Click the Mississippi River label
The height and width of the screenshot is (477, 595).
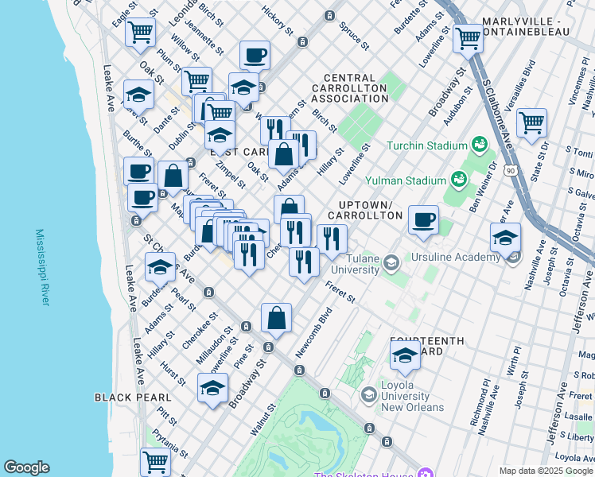click(x=43, y=268)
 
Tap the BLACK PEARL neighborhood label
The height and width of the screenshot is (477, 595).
click(x=132, y=397)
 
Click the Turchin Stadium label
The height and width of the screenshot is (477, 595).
click(x=426, y=145)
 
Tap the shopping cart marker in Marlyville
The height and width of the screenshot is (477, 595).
click(x=468, y=37)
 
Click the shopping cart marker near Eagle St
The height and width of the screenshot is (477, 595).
click(x=140, y=32)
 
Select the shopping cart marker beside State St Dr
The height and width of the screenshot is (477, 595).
click(x=531, y=122)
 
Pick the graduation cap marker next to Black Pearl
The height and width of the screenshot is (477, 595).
click(x=212, y=388)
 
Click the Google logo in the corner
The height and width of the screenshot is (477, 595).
click(x=26, y=467)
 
